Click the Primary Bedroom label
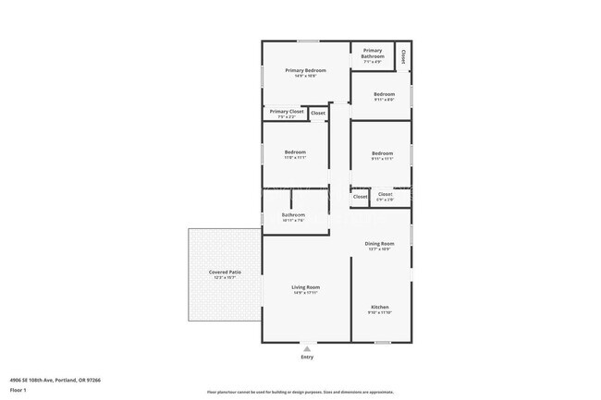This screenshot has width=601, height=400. tap(306, 70)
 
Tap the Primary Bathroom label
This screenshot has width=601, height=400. tap(373, 54)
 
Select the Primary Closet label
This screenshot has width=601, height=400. tap(287, 112)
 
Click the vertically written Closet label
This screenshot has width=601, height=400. tap(404, 55)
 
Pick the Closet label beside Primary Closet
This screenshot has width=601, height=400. tap(317, 113)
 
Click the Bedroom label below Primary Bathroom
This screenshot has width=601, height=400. tap(384, 94)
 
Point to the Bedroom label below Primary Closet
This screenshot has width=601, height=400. tap(295, 152)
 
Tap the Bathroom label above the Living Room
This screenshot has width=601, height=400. tap(294, 214)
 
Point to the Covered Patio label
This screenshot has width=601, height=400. tap(225, 272)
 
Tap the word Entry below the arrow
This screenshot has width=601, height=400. tap(306, 358)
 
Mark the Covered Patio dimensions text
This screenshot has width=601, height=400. tap(225, 277)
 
